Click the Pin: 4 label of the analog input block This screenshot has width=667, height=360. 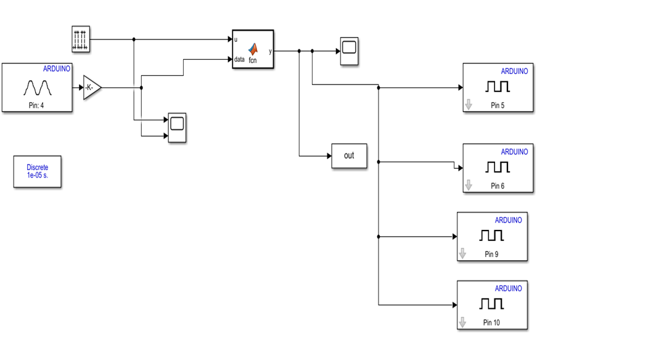click(36, 105)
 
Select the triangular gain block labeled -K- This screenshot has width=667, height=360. click(91, 88)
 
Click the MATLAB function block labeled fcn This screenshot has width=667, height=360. click(253, 49)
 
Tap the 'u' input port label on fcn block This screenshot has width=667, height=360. click(236, 39)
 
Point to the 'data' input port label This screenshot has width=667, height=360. click(239, 60)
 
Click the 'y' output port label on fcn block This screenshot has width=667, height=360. click(270, 51)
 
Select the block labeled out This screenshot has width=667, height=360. click(349, 155)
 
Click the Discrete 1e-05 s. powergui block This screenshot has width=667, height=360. click(38, 171)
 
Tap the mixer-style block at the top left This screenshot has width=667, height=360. click(81, 39)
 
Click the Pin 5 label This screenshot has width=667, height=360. click(497, 105)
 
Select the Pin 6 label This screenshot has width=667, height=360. click(497, 186)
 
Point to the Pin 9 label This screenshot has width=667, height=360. click(491, 254)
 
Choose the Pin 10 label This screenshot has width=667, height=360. click(491, 322)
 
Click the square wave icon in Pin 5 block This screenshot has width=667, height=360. click(497, 87)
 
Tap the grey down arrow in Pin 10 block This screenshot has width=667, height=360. click(462, 322)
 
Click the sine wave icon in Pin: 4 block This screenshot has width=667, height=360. click(37, 88)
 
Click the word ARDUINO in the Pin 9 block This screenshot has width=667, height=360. click(508, 220)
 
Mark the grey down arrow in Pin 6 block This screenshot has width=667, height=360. click(469, 185)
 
